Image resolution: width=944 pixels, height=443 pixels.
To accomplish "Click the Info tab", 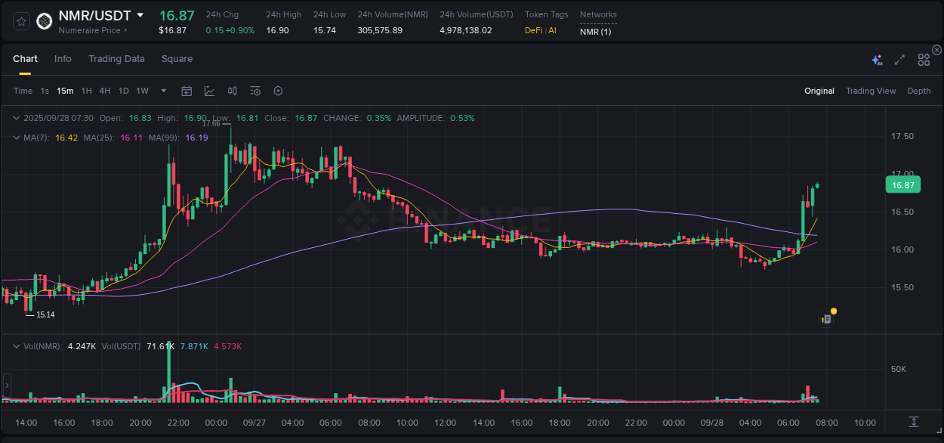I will click(63, 59).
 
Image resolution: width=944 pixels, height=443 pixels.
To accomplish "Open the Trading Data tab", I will click(116, 59).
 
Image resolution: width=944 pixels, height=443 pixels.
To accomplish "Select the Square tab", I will click(177, 59).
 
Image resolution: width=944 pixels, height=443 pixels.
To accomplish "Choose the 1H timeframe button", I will click(86, 91).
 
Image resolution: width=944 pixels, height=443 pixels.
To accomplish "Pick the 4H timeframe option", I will click(104, 91).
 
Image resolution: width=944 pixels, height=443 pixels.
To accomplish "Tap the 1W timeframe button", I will click(142, 91).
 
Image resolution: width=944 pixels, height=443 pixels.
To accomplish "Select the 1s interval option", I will click(45, 91).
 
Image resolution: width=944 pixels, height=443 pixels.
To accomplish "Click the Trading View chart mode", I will click(870, 91).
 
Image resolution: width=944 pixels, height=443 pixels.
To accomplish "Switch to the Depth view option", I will click(918, 91).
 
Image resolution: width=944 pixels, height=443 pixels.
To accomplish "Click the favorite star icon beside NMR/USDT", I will click(21, 21).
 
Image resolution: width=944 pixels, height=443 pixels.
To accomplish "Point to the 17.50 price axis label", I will click(902, 137).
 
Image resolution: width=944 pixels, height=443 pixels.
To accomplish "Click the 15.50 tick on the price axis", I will click(902, 288).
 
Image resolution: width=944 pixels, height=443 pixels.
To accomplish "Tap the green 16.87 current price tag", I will click(902, 185).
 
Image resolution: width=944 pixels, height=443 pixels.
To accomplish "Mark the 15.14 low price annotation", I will click(45, 314).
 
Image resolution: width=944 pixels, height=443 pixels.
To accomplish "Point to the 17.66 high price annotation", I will click(211, 123).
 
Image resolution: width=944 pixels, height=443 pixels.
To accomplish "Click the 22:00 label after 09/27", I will click(636, 423).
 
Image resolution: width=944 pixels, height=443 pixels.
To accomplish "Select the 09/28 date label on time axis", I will click(712, 423).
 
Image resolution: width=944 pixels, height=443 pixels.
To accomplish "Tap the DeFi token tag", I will click(534, 30).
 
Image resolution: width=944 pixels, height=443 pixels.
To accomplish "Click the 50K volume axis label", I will click(898, 370).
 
